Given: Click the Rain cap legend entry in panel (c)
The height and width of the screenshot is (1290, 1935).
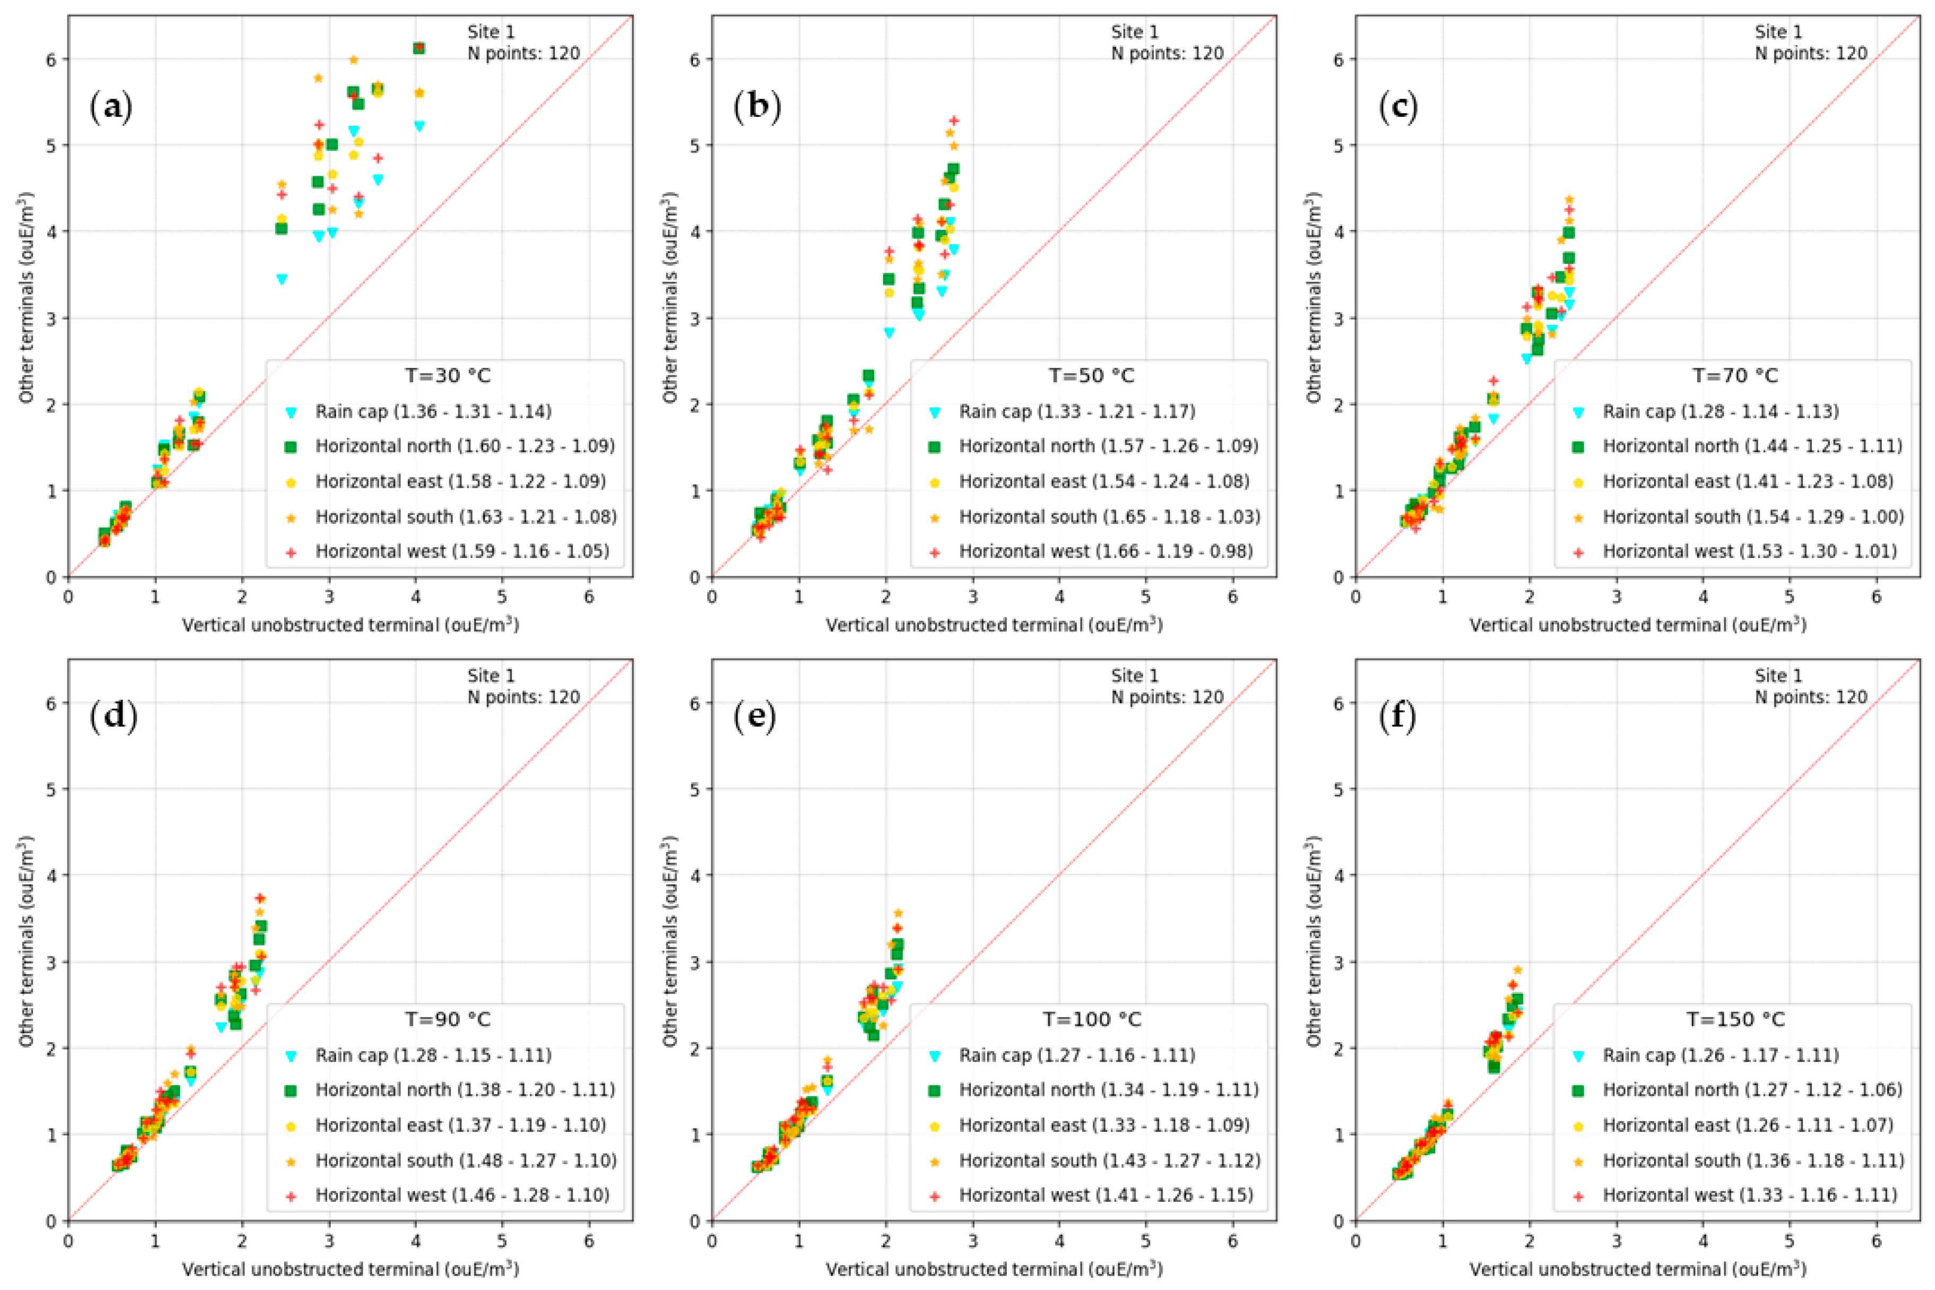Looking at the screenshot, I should [1719, 411].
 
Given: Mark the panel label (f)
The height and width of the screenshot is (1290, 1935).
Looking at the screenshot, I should [1398, 717].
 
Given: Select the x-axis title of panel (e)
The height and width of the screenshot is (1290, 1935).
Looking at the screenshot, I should [994, 1269].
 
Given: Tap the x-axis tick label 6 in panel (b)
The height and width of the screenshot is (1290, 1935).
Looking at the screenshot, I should [1232, 597].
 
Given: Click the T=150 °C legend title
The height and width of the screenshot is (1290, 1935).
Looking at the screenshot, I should [1736, 1019].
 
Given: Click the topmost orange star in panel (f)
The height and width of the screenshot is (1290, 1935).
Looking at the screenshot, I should [1517, 970].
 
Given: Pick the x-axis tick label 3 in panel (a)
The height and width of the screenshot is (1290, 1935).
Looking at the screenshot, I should [328, 597].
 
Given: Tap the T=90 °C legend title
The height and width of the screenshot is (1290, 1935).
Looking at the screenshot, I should [448, 1019].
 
